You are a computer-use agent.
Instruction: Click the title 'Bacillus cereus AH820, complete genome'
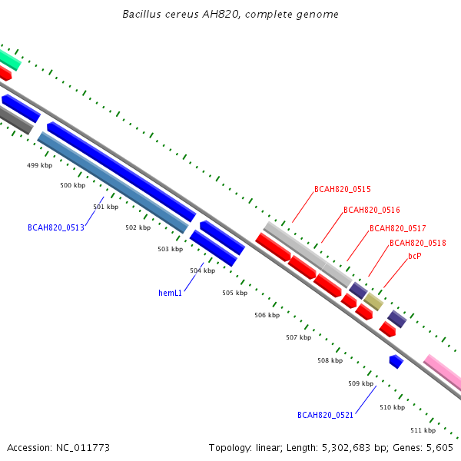pyautogui.click(x=230, y=14)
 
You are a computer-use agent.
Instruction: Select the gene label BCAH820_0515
pyautogui.click(x=343, y=189)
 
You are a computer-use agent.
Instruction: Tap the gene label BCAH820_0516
pyautogui.click(x=372, y=210)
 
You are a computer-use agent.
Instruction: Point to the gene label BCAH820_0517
pyautogui.click(x=397, y=228)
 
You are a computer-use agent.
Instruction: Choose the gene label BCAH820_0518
pyautogui.click(x=418, y=243)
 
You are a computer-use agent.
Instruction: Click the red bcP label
pyautogui.click(x=415, y=256)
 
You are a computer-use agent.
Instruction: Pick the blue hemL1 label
pyautogui.click(x=171, y=293)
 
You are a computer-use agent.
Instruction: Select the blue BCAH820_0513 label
pyautogui.click(x=56, y=227)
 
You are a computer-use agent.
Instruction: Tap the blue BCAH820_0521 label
pyautogui.click(x=325, y=415)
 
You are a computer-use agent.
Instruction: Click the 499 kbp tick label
pyautogui.click(x=39, y=165)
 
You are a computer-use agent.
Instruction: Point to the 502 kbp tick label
pyautogui.click(x=138, y=227)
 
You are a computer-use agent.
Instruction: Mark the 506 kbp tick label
pyautogui.click(x=267, y=315)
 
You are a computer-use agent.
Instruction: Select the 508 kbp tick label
pyautogui.click(x=330, y=360)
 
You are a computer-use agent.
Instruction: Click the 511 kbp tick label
pyautogui.click(x=423, y=430)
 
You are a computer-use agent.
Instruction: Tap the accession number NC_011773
pyautogui.click(x=83, y=448)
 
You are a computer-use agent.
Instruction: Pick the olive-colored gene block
pyautogui.click(x=373, y=302)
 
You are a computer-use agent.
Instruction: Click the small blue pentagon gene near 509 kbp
pyautogui.click(x=396, y=362)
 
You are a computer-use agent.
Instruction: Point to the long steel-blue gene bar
pyautogui.click(x=113, y=182)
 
